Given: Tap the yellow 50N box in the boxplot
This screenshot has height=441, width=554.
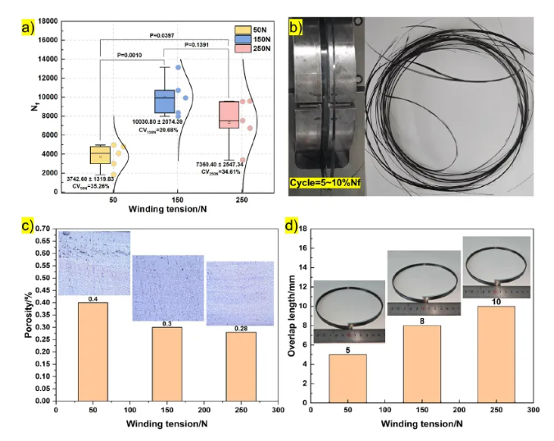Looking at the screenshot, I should [100, 154].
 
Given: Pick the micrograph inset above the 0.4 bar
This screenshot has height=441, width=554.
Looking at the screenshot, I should [93, 263].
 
